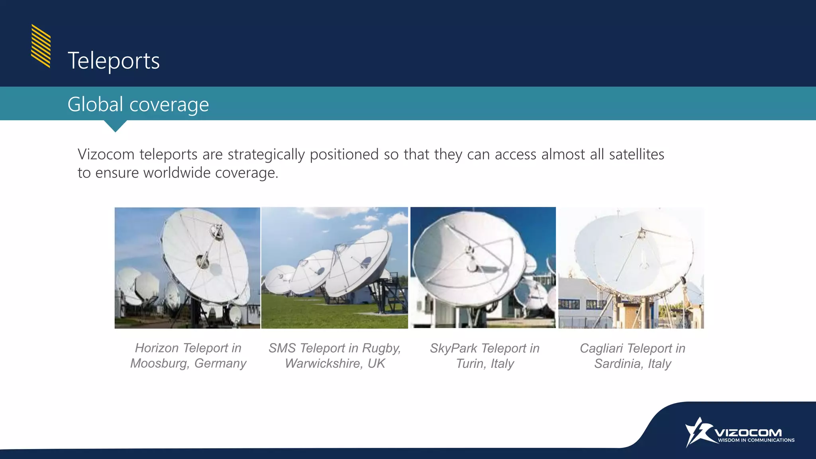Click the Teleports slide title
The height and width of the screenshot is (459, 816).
tap(114, 61)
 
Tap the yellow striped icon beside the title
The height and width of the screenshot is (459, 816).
tap(41, 46)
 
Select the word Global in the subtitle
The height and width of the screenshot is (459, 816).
tap(95, 104)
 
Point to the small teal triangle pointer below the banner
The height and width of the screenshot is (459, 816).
tap(115, 126)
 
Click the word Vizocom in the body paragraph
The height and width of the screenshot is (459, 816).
tap(106, 155)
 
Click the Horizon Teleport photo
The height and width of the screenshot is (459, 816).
tap(187, 268)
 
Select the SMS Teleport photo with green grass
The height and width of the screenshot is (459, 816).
tap(334, 268)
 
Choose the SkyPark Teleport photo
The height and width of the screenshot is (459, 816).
tap(483, 268)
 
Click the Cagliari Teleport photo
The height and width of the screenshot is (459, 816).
tap(631, 268)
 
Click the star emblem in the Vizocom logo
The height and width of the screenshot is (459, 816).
tap(698, 432)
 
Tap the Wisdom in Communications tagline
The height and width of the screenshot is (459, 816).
tap(756, 440)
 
